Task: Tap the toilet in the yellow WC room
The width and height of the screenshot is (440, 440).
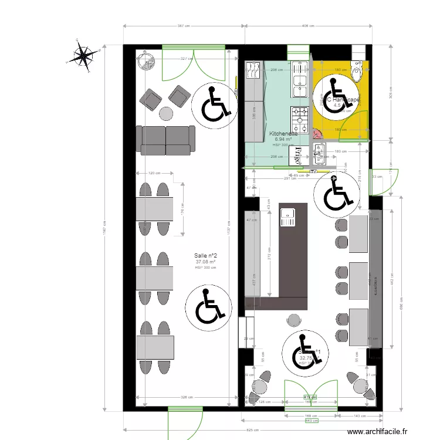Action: point(357,69)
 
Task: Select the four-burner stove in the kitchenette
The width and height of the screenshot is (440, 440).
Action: point(300,120)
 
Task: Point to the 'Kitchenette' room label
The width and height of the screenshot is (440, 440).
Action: point(283,134)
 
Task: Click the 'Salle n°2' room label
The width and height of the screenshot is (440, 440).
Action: point(206,255)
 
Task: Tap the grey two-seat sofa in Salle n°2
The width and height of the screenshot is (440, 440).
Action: point(166,139)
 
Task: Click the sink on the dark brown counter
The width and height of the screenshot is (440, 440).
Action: point(288,218)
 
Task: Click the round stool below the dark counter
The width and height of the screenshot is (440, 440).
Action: point(293,319)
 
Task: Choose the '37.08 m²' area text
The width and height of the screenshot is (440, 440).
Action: point(206,262)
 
